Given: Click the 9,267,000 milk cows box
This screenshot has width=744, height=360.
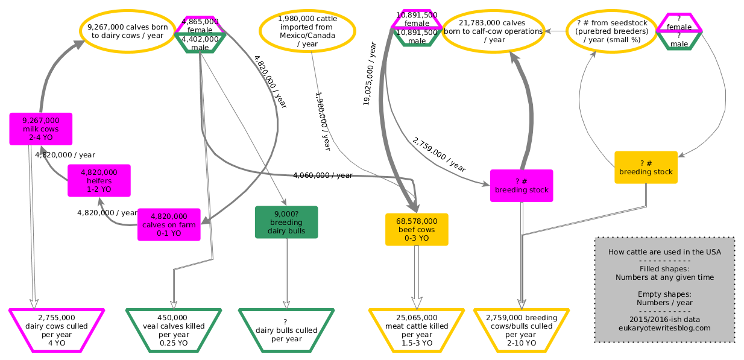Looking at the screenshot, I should (x=41, y=128).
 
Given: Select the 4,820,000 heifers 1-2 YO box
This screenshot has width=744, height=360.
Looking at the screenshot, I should (x=99, y=180).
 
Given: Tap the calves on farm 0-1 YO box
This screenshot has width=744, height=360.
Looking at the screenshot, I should (x=169, y=224).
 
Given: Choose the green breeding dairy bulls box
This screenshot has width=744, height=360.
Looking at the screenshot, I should (x=286, y=223).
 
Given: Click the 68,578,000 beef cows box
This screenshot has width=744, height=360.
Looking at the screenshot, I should (x=417, y=229).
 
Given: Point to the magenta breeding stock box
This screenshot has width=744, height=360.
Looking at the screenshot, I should (x=522, y=186).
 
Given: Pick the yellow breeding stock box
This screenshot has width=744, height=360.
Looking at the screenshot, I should (x=646, y=168).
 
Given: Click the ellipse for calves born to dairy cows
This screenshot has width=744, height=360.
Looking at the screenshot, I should (x=127, y=31).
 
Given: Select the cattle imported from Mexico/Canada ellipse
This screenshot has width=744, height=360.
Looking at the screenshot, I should (x=307, y=31).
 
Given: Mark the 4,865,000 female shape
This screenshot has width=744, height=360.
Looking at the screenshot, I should (x=200, y=25).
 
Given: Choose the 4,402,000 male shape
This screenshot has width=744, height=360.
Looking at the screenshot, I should (x=200, y=43).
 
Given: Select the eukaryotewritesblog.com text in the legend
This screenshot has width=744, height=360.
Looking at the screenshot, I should (x=664, y=328).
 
